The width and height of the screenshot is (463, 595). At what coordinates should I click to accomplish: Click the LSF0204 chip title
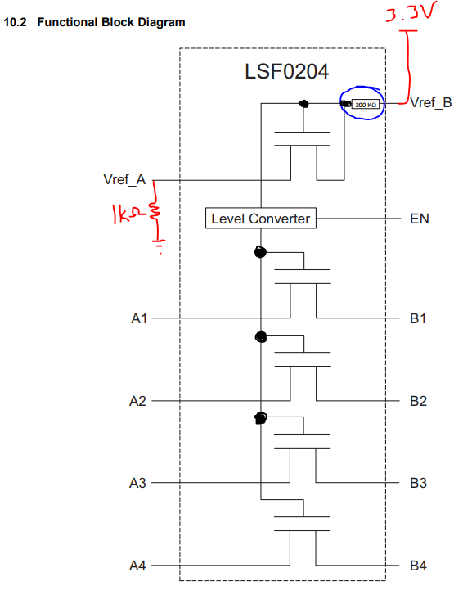[286, 72]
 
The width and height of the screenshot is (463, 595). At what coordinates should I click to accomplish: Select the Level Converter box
[260, 219]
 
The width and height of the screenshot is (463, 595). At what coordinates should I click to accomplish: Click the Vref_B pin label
[430, 103]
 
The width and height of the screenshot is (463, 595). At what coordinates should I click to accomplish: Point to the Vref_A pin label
[124, 180]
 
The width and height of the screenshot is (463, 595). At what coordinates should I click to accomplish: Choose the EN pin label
[419, 219]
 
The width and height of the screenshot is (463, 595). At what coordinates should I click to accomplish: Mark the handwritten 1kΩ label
[126, 215]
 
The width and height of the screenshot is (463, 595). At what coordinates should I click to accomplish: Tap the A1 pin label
[138, 318]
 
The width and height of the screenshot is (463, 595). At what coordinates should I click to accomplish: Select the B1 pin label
[418, 318]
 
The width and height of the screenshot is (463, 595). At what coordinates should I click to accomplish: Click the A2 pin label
[138, 401]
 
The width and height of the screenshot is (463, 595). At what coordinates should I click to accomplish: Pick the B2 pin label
[418, 401]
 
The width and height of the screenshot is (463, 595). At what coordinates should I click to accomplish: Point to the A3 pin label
[138, 484]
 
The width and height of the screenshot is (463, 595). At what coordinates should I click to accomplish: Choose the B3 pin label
[418, 484]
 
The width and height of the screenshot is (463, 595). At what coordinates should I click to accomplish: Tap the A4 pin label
[138, 566]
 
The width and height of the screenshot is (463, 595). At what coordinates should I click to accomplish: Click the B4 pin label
[418, 566]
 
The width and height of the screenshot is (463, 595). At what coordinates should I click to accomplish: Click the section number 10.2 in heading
[16, 22]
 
